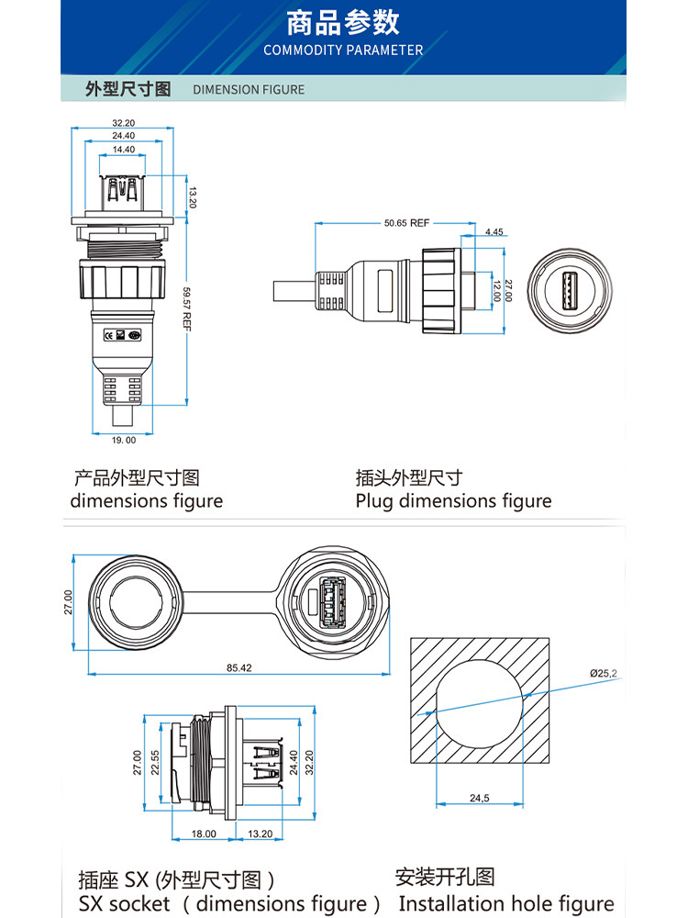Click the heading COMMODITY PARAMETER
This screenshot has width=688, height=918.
[x=343, y=50]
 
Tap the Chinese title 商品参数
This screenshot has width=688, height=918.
[x=343, y=22]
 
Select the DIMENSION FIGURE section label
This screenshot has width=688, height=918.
[x=249, y=90]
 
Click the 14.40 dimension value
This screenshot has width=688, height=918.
[x=124, y=149]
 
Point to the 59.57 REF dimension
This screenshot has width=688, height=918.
[x=187, y=308]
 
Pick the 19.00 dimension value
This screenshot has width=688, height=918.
[x=124, y=441]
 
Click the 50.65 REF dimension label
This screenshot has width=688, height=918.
[x=407, y=223]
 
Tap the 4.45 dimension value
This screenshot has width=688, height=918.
[x=494, y=232]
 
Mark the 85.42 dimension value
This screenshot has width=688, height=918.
[x=239, y=667]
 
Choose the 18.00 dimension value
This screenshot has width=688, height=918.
[x=204, y=834]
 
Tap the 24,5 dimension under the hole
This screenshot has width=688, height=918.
[x=480, y=799]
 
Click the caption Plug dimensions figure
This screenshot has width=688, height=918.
[x=453, y=501]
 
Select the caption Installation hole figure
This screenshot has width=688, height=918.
[x=506, y=903]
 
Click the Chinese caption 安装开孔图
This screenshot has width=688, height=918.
[x=445, y=877]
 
